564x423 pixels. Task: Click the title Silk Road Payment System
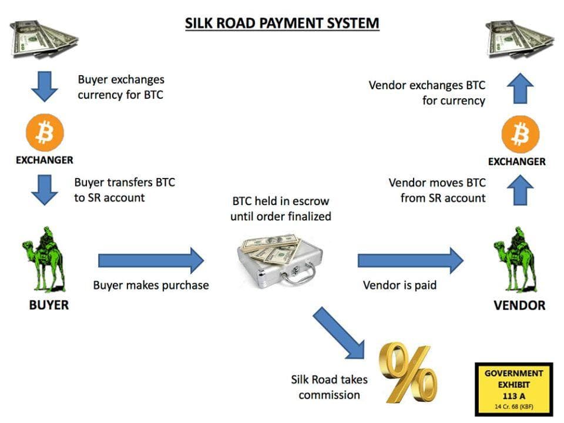(x=282, y=23)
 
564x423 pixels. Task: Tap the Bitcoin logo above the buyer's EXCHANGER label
(x=45, y=132)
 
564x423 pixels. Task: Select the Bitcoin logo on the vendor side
(x=521, y=135)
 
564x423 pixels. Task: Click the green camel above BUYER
(x=44, y=259)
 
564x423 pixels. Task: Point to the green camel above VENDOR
(x=515, y=259)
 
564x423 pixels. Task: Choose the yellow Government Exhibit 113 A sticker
(x=514, y=390)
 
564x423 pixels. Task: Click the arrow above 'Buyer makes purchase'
(x=151, y=260)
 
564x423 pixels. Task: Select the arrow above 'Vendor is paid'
(x=411, y=260)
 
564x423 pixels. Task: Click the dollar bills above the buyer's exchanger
(x=44, y=39)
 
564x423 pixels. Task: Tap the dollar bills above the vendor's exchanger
(x=520, y=39)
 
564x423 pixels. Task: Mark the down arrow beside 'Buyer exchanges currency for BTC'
(x=45, y=87)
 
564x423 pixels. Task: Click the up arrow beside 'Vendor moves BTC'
(x=520, y=190)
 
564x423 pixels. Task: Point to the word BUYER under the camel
(x=49, y=305)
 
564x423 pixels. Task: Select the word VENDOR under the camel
(x=519, y=305)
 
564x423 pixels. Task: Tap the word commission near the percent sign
(x=329, y=395)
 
